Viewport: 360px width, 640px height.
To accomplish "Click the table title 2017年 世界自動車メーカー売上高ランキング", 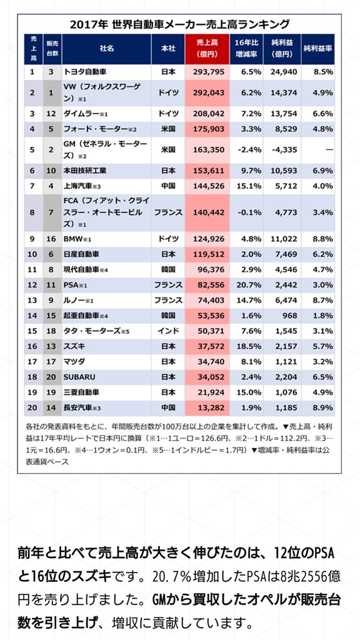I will pos(179,24).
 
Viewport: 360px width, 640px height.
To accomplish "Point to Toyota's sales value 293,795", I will pos(207,72).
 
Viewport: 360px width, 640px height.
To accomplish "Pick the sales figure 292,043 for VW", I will pos(207,92).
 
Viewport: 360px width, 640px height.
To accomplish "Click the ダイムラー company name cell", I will pos(87,114).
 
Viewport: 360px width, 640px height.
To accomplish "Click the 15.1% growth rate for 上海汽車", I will pos(246,186).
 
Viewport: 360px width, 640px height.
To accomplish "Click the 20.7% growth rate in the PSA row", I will pos(246,284).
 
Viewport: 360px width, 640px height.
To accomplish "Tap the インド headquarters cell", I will pos(168,331).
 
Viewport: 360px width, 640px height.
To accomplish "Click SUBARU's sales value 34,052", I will pos(207,376).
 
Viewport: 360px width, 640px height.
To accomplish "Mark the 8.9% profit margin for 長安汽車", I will pos(317,407).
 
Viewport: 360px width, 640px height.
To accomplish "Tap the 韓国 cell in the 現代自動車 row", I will pos(168,269).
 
